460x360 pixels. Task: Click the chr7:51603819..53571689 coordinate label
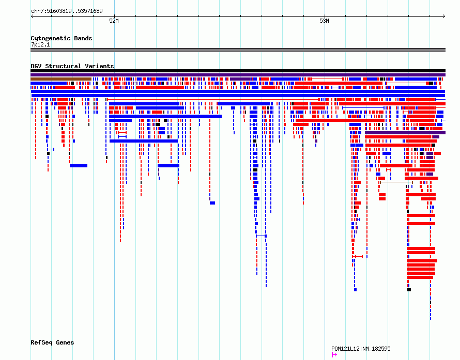click(x=67, y=11)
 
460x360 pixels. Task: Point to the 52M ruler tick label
click(x=114, y=21)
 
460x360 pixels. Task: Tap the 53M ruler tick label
click(x=324, y=21)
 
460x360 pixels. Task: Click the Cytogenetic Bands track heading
click(x=62, y=38)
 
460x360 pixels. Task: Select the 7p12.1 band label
click(x=40, y=44)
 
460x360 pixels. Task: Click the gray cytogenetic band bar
click(x=238, y=50)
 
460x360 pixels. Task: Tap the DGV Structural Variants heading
click(x=72, y=66)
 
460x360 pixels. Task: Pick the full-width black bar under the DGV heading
click(x=238, y=71)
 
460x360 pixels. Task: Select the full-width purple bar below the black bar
click(x=238, y=75)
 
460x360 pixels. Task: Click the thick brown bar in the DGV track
click(x=61, y=79)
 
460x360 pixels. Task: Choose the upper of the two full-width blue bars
click(x=238, y=91)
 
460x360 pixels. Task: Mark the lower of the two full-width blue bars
click(x=238, y=96)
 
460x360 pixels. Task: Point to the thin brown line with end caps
click(x=396, y=182)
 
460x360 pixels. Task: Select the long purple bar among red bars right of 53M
click(x=405, y=133)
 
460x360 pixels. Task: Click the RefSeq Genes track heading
click(x=52, y=342)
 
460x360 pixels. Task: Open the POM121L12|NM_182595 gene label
click(x=361, y=349)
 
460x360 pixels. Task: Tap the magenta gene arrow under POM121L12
click(x=334, y=355)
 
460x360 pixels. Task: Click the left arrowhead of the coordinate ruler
click(x=32, y=17)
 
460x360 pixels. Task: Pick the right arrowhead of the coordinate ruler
click(x=444, y=17)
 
